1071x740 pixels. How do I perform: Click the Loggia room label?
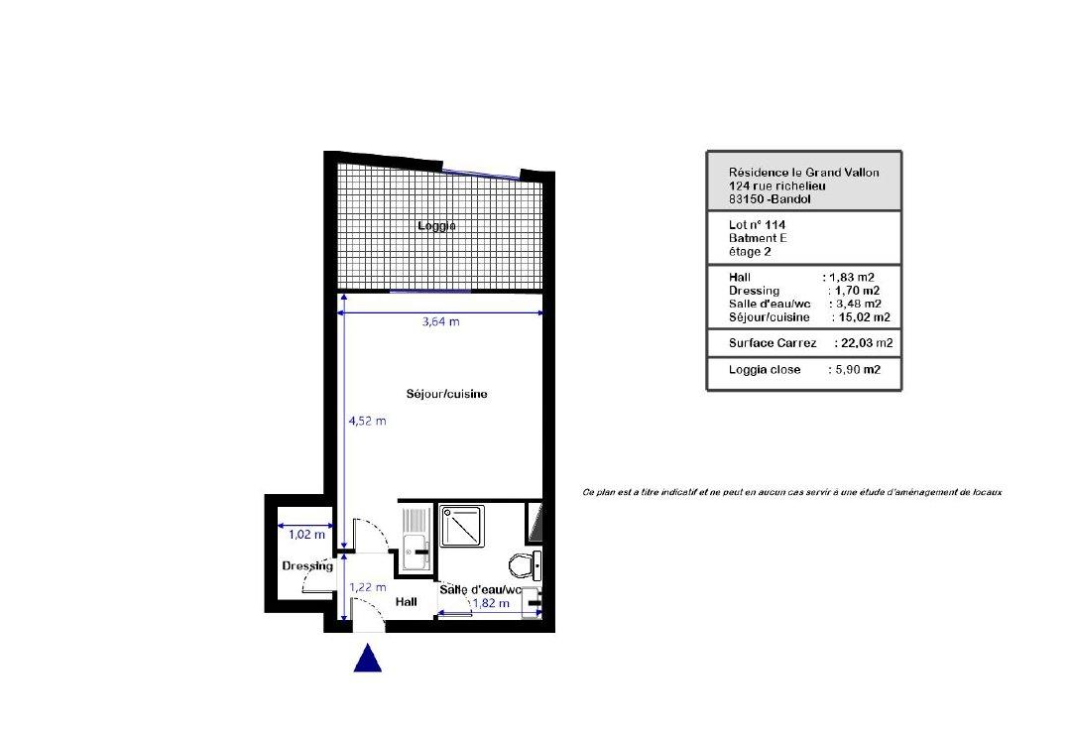[x=436, y=226]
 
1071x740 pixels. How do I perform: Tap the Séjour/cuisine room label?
[x=446, y=394]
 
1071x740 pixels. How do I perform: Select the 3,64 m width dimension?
[x=440, y=321]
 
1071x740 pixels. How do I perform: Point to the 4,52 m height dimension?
[x=368, y=421]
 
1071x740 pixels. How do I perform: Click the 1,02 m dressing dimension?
[x=306, y=535]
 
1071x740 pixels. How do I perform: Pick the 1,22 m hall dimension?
[x=368, y=587]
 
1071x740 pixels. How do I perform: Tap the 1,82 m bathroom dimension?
[x=491, y=603]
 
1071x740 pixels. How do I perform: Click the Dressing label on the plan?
[x=307, y=565]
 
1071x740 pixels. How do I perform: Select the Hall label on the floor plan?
[x=407, y=602]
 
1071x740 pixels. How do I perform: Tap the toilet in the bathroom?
[x=525, y=565]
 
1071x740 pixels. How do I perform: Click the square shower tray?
[x=462, y=526]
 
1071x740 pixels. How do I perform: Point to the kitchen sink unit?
[x=416, y=539]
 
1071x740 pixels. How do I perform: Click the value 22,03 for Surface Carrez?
[x=857, y=343]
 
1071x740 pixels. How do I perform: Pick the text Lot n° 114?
[x=757, y=225]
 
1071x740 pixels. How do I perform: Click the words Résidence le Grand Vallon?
[x=804, y=173]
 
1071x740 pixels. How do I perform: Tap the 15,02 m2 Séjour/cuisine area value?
[x=864, y=317]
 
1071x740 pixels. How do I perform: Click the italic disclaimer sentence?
[x=791, y=492]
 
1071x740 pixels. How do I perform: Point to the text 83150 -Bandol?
[x=770, y=199]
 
